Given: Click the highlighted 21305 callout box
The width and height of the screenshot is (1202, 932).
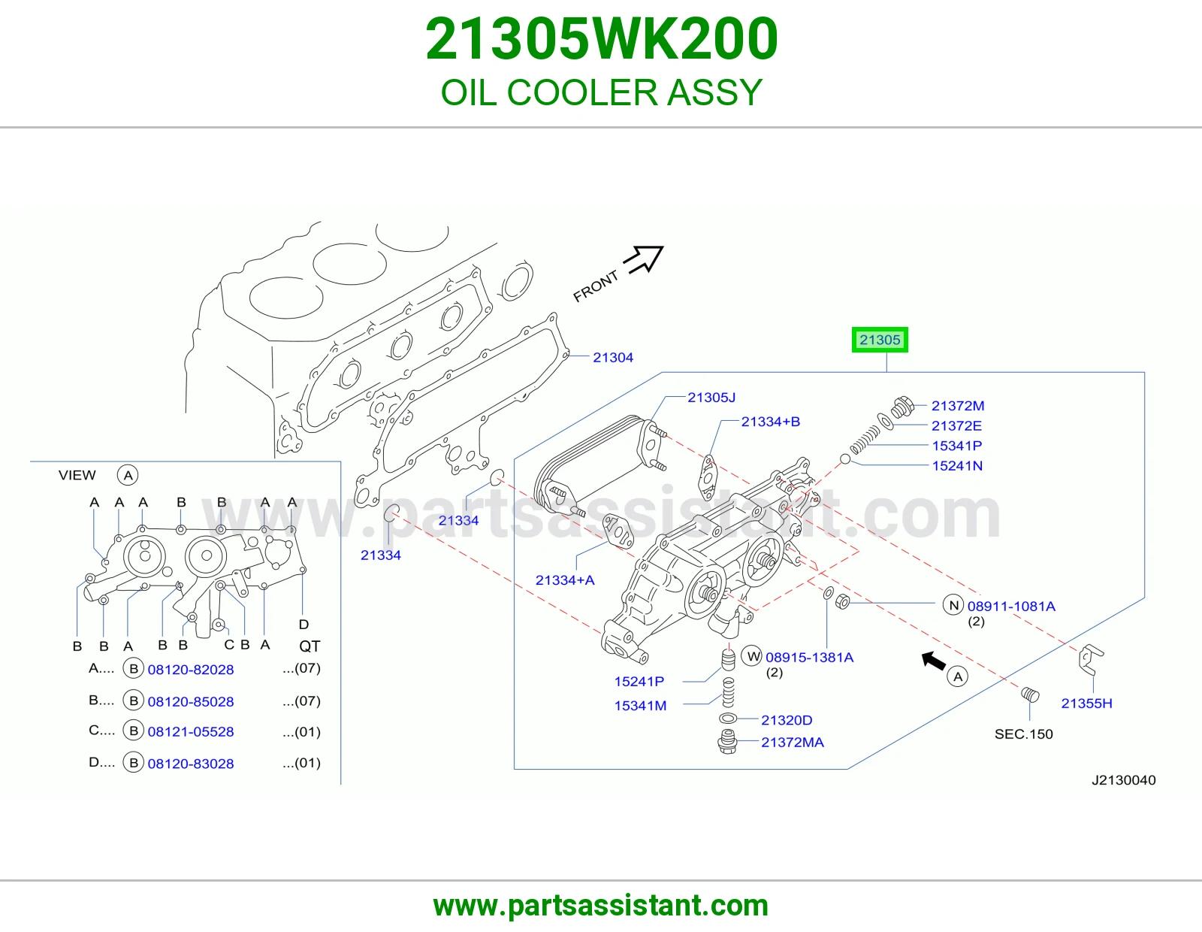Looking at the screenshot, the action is [880, 340].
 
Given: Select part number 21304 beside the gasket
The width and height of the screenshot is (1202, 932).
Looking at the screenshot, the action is [613, 358].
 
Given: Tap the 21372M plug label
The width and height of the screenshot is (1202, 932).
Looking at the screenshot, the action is [958, 406].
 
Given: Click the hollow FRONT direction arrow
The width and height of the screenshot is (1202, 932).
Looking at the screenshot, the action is [644, 259].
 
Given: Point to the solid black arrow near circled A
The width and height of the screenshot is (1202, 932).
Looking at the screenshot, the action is [934, 660].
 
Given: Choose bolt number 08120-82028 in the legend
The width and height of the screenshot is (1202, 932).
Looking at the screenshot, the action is [191, 670].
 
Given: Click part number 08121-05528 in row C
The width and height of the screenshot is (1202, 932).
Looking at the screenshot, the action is [191, 731].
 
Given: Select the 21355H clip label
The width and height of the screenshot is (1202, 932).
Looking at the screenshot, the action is [1086, 704].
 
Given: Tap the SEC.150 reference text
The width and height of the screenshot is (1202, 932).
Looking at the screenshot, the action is [1023, 734].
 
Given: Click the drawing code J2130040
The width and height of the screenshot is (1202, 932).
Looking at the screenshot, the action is [1123, 780].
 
